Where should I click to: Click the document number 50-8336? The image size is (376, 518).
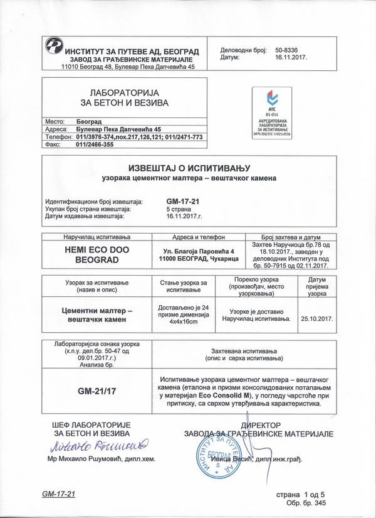point(288,48)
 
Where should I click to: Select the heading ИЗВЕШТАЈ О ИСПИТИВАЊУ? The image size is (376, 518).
point(189,169)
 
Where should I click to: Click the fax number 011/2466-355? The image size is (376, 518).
point(93,144)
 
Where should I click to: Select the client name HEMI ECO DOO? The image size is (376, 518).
point(92,249)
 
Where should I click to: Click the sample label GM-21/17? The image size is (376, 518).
point(97,391)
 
